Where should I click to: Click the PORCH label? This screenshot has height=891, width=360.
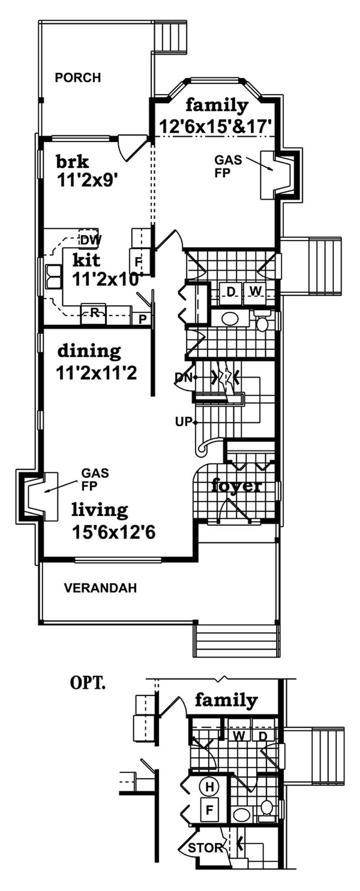coord(77,78)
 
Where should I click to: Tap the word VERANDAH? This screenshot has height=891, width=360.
coord(100,588)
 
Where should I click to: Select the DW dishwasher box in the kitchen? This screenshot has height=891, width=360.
coord(90,240)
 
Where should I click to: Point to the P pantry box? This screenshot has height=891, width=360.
coord(142,319)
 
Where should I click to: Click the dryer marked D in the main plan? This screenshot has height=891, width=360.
coord(230,292)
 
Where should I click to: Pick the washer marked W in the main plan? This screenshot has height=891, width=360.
coord(255,292)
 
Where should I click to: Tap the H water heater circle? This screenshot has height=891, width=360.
coord(209,787)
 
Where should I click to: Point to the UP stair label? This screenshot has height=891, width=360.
coord(183,422)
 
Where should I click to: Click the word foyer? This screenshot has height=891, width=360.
coord(237,486)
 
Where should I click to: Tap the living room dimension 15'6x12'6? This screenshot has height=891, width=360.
coord(113,532)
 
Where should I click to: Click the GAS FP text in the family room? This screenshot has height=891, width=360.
coord(228,166)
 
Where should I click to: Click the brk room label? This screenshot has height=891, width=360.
coord(72,161)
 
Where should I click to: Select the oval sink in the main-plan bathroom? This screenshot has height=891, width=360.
coord(230,319)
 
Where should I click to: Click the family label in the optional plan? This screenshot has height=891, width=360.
coord(226,701)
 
